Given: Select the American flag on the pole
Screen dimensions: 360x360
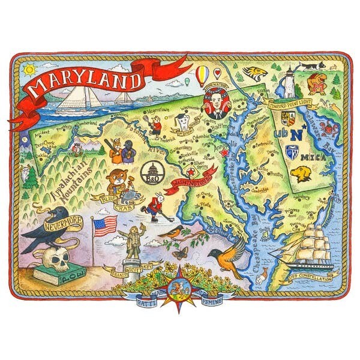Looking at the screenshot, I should point(104,226).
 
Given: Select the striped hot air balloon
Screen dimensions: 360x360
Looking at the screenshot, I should point(203,75).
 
